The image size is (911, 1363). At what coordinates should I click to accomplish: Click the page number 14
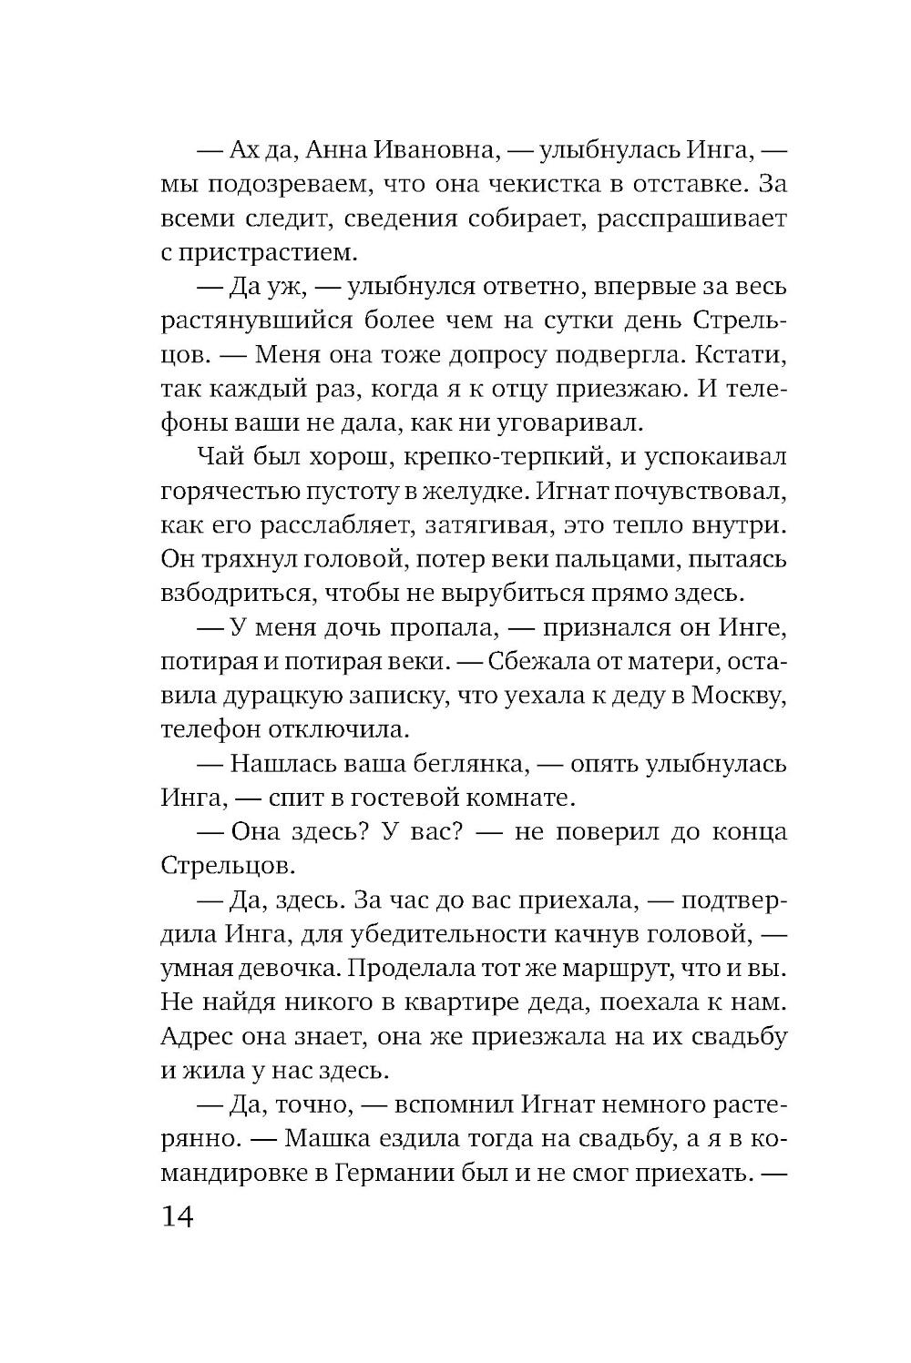[179, 1217]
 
